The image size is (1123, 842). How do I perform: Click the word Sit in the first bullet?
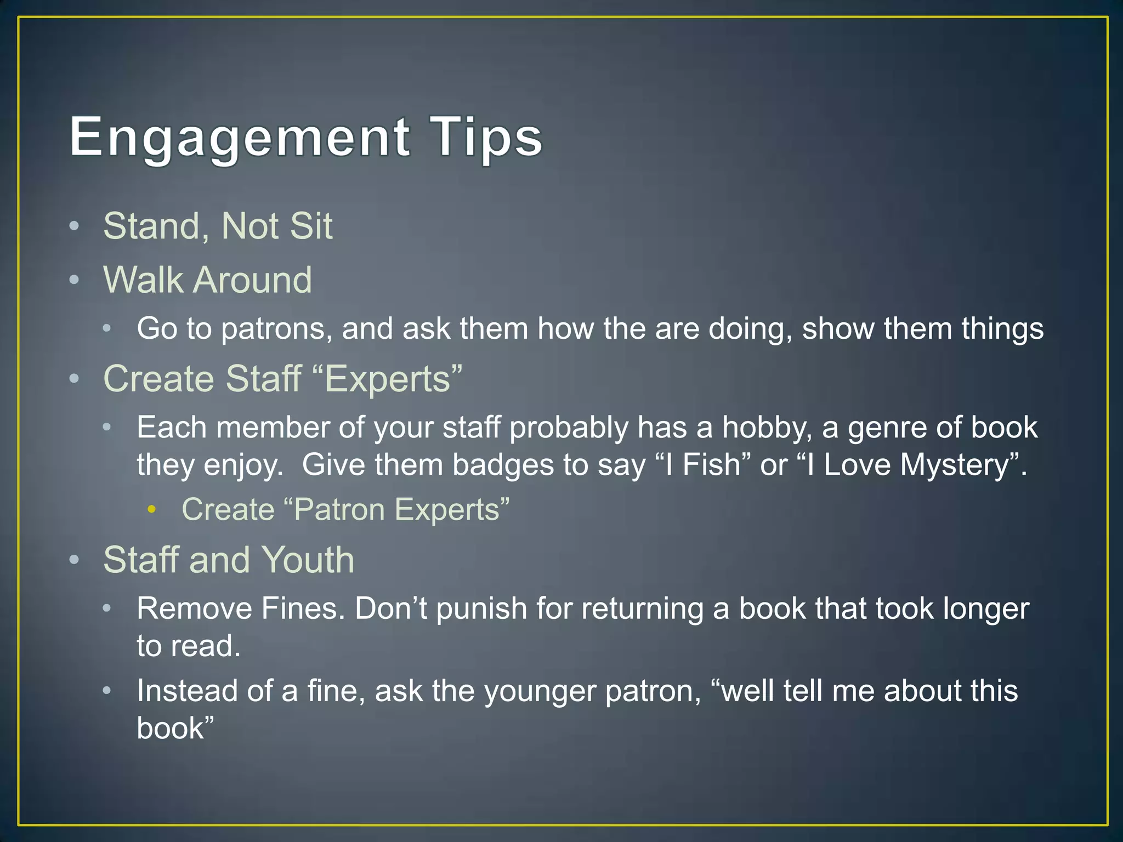click(311, 226)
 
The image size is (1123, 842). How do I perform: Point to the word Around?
click(253, 280)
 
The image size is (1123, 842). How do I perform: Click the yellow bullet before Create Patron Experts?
click(152, 510)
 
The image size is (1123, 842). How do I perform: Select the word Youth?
click(308, 560)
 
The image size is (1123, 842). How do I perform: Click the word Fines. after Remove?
click(303, 608)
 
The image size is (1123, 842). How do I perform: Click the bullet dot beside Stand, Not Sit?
click(75, 226)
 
